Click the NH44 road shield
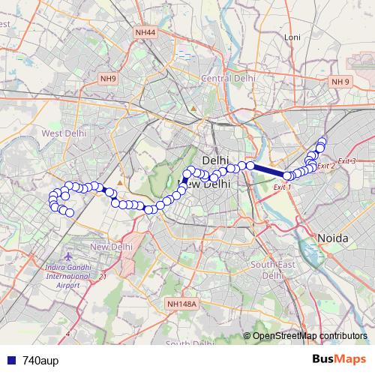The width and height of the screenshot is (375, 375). pyautogui.click(x=145, y=33)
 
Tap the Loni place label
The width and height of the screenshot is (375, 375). pyautogui.click(x=292, y=37)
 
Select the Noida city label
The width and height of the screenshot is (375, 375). pyautogui.click(x=334, y=238)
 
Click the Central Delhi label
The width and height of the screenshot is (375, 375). pyautogui.click(x=229, y=78)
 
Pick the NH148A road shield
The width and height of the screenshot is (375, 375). pyautogui.click(x=181, y=304)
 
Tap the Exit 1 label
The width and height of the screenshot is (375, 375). pyautogui.click(x=283, y=187)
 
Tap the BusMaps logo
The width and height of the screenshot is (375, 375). pyautogui.click(x=338, y=360)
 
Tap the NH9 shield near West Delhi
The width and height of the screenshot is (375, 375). pyautogui.click(x=109, y=78)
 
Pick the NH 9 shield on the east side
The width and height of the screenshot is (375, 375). pyautogui.click(x=340, y=81)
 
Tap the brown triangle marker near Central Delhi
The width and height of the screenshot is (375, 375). pyautogui.click(x=193, y=109)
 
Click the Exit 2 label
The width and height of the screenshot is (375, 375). pyautogui.click(x=326, y=166)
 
